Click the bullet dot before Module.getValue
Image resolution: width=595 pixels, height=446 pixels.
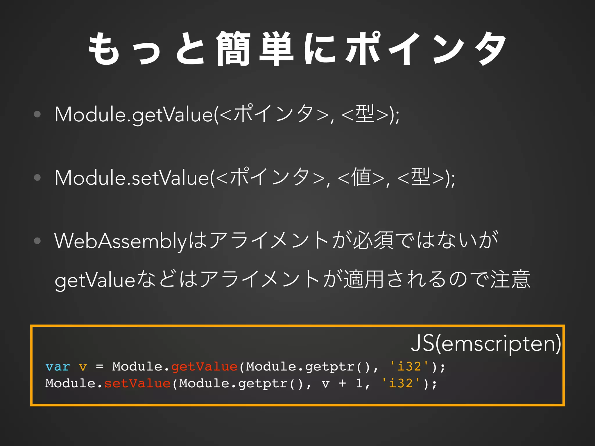coord(37,114)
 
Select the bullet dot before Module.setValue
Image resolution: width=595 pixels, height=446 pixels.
coord(37,177)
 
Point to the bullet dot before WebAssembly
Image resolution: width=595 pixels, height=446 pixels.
coord(37,240)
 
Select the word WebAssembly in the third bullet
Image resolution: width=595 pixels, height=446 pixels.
coord(120,241)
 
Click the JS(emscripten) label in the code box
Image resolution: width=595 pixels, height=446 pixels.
coord(486,343)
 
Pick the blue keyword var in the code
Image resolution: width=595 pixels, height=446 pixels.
coord(58,367)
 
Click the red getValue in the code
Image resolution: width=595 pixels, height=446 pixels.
coord(204,367)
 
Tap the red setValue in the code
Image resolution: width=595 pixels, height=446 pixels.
coord(137,384)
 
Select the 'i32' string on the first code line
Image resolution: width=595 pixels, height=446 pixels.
coord(409,366)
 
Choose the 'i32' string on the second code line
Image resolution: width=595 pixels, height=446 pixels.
coord(401,383)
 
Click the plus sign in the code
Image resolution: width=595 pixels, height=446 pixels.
coord(342,383)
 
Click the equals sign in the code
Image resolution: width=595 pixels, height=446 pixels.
coord(100,367)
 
